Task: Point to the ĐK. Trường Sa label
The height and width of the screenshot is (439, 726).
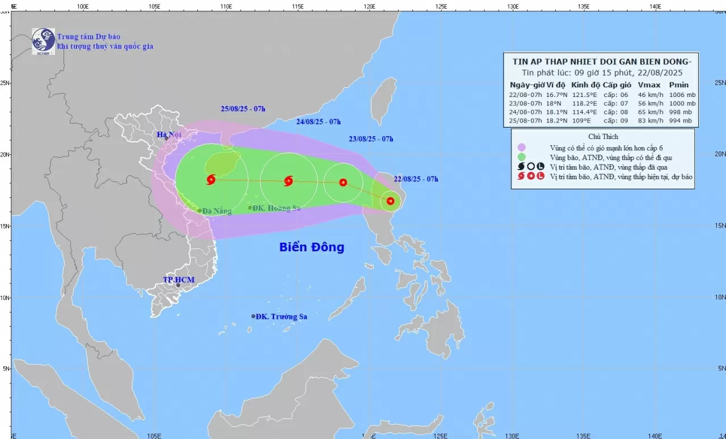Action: [281, 316]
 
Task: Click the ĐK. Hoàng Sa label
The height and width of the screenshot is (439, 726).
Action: [276, 208]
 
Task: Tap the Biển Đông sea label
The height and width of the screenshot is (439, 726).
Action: [311, 247]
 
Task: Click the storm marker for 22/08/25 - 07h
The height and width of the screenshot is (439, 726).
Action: [390, 201]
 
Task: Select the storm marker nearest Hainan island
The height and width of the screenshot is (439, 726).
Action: [211, 179]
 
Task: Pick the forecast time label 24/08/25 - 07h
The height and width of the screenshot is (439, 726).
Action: [318, 121]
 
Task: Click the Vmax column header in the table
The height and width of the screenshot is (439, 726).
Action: [649, 85]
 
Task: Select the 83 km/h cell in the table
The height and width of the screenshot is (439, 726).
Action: [649, 120]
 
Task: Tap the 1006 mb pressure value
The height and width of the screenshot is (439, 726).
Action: [682, 95]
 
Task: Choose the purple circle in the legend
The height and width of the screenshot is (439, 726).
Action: [521, 147]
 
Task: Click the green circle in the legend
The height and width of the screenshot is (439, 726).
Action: [521, 157]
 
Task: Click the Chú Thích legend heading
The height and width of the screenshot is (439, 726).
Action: [603, 137]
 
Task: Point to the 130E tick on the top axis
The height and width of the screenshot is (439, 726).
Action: [513, 6]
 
